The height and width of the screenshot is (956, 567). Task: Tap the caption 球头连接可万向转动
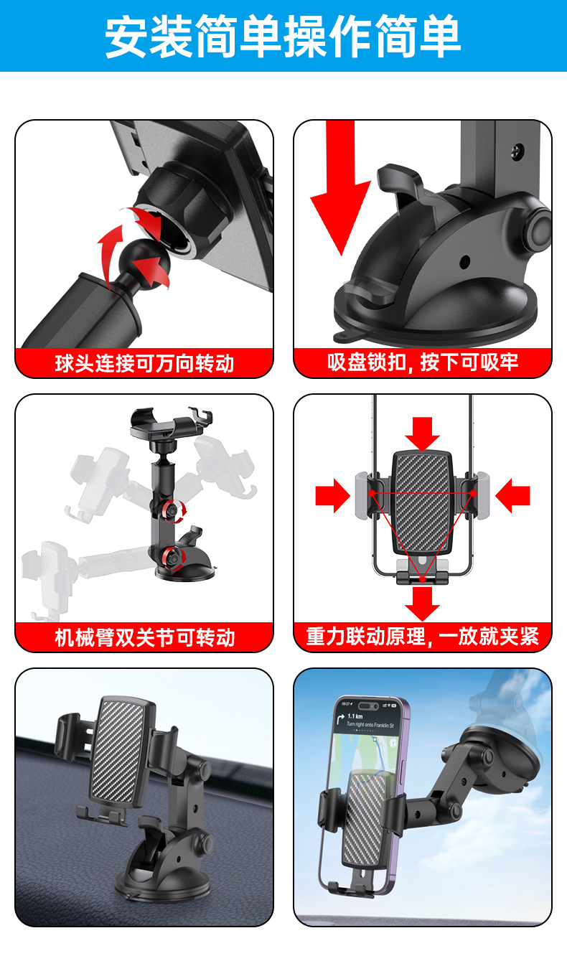click(x=144, y=363)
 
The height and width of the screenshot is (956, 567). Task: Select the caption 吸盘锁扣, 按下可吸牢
click(x=423, y=362)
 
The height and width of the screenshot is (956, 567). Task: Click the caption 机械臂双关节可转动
click(x=144, y=637)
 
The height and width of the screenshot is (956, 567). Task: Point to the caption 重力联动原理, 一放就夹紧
click(x=423, y=637)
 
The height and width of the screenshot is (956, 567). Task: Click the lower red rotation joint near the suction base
click(x=172, y=556)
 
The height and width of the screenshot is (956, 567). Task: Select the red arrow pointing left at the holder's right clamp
click(x=512, y=496)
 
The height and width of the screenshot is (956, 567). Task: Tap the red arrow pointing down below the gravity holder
click(x=422, y=603)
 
